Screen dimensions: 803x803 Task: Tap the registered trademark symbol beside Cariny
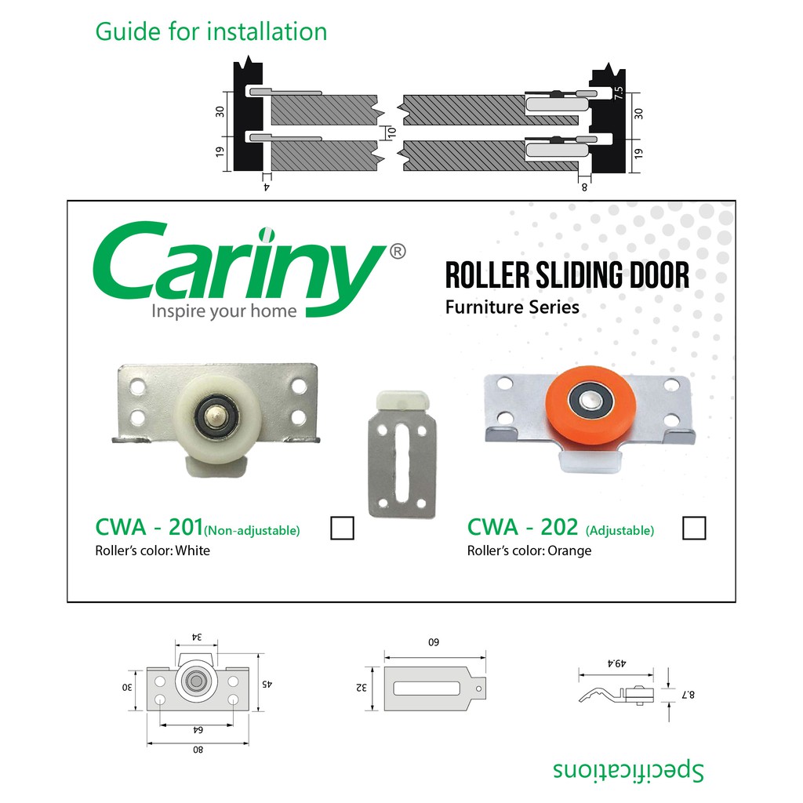pos(398,252)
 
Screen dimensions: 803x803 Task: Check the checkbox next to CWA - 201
pos(342,528)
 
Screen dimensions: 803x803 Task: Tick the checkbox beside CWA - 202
pos(694,528)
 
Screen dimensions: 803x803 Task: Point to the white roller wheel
pos(219,417)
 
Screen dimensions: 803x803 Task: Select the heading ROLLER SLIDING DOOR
pos(567,275)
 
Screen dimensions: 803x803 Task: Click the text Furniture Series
pos(512,307)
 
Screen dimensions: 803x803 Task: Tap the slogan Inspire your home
pos(223,311)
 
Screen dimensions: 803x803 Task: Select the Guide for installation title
pos(211,31)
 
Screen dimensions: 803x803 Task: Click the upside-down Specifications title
pos(628,770)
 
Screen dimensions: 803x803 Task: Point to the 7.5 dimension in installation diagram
pos(619,93)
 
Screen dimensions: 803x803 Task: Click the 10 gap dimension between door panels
pos(392,132)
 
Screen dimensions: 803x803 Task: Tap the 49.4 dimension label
pos(616,663)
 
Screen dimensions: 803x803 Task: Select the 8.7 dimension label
pos(689,695)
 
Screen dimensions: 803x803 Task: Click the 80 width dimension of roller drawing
pos(198,750)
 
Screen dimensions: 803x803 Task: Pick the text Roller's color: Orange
pos(529,550)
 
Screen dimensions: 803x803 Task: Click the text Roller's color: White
pos(153,550)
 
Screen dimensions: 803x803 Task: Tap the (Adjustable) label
pos(620,531)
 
